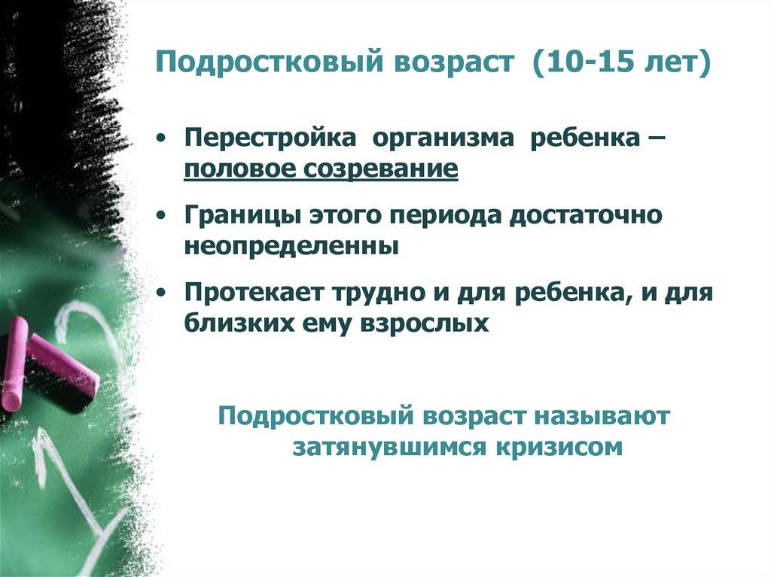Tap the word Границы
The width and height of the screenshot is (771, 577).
pyautogui.click(x=239, y=216)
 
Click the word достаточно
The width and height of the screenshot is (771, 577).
pyautogui.click(x=587, y=216)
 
